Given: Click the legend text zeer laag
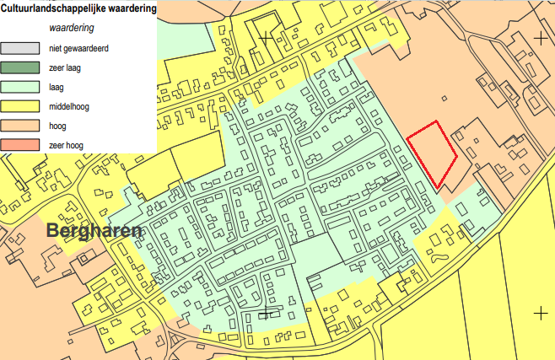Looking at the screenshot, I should pyautogui.click(x=65, y=67).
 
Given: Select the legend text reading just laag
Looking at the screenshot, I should pyautogui.click(x=57, y=87).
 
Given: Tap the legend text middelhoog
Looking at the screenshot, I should pyautogui.click(x=70, y=106).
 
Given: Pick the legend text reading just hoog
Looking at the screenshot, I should pyautogui.click(x=57, y=126).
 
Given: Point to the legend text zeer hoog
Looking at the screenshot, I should pyautogui.click(x=66, y=145).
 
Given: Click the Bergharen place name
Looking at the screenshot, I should pyautogui.click(x=94, y=231).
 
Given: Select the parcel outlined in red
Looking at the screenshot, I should pyautogui.click(x=432, y=152).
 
